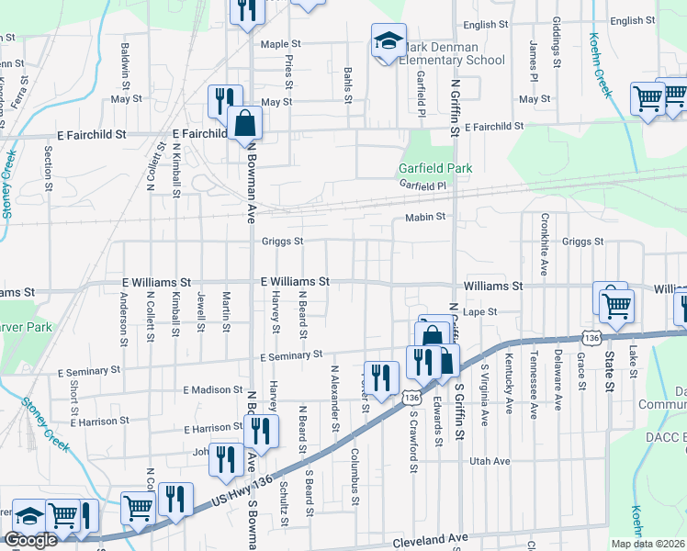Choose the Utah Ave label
tap(489, 460)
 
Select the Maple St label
tap(281, 44)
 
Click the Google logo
tap(30, 540)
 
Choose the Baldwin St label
tap(125, 62)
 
